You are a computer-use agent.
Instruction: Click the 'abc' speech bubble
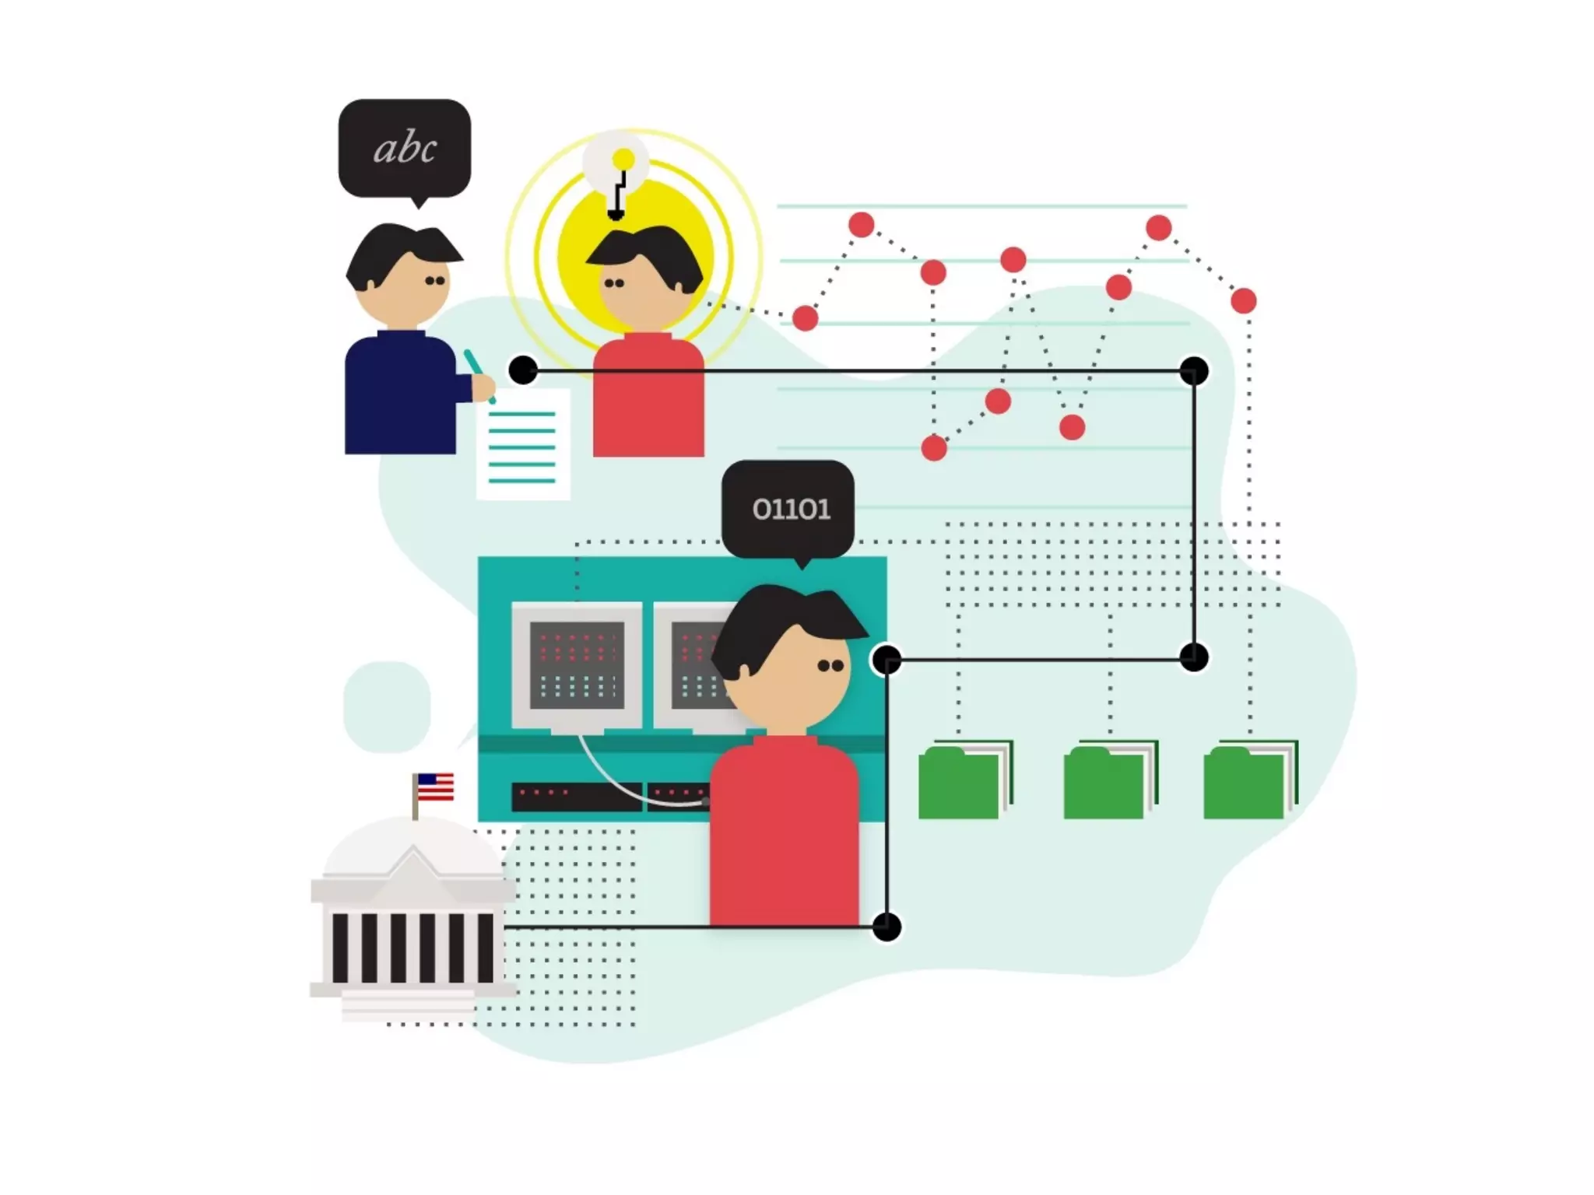tap(404, 148)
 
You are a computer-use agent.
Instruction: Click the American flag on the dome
tap(435, 787)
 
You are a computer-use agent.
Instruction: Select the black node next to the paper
tap(523, 370)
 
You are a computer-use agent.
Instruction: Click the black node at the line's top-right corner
tap(1193, 371)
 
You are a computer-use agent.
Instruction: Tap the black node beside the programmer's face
tap(887, 660)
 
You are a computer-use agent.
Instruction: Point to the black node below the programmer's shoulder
tap(887, 927)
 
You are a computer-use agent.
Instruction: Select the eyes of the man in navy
tap(435, 281)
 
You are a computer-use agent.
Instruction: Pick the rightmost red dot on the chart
tap(1243, 300)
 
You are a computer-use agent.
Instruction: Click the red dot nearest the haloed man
tap(805, 318)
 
